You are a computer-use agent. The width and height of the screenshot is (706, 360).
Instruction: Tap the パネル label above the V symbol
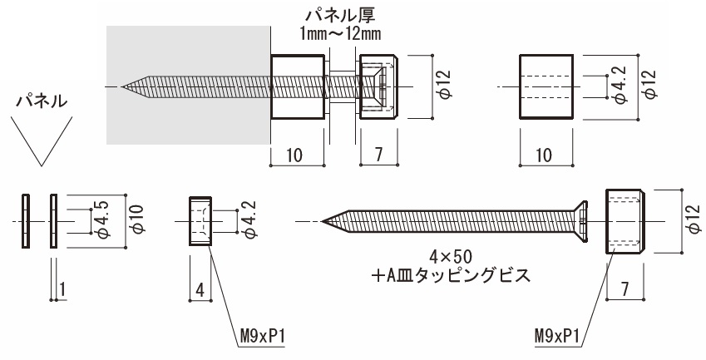(x=42, y=101)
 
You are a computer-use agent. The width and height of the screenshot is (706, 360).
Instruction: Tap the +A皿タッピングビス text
(x=450, y=274)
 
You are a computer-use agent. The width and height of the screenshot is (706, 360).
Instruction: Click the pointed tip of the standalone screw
(x=323, y=221)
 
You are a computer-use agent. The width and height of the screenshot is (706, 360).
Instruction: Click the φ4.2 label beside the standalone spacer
(x=619, y=86)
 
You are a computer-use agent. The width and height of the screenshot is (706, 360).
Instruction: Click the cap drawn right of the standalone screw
(x=624, y=220)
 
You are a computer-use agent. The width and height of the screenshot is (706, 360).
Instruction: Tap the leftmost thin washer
(x=25, y=220)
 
